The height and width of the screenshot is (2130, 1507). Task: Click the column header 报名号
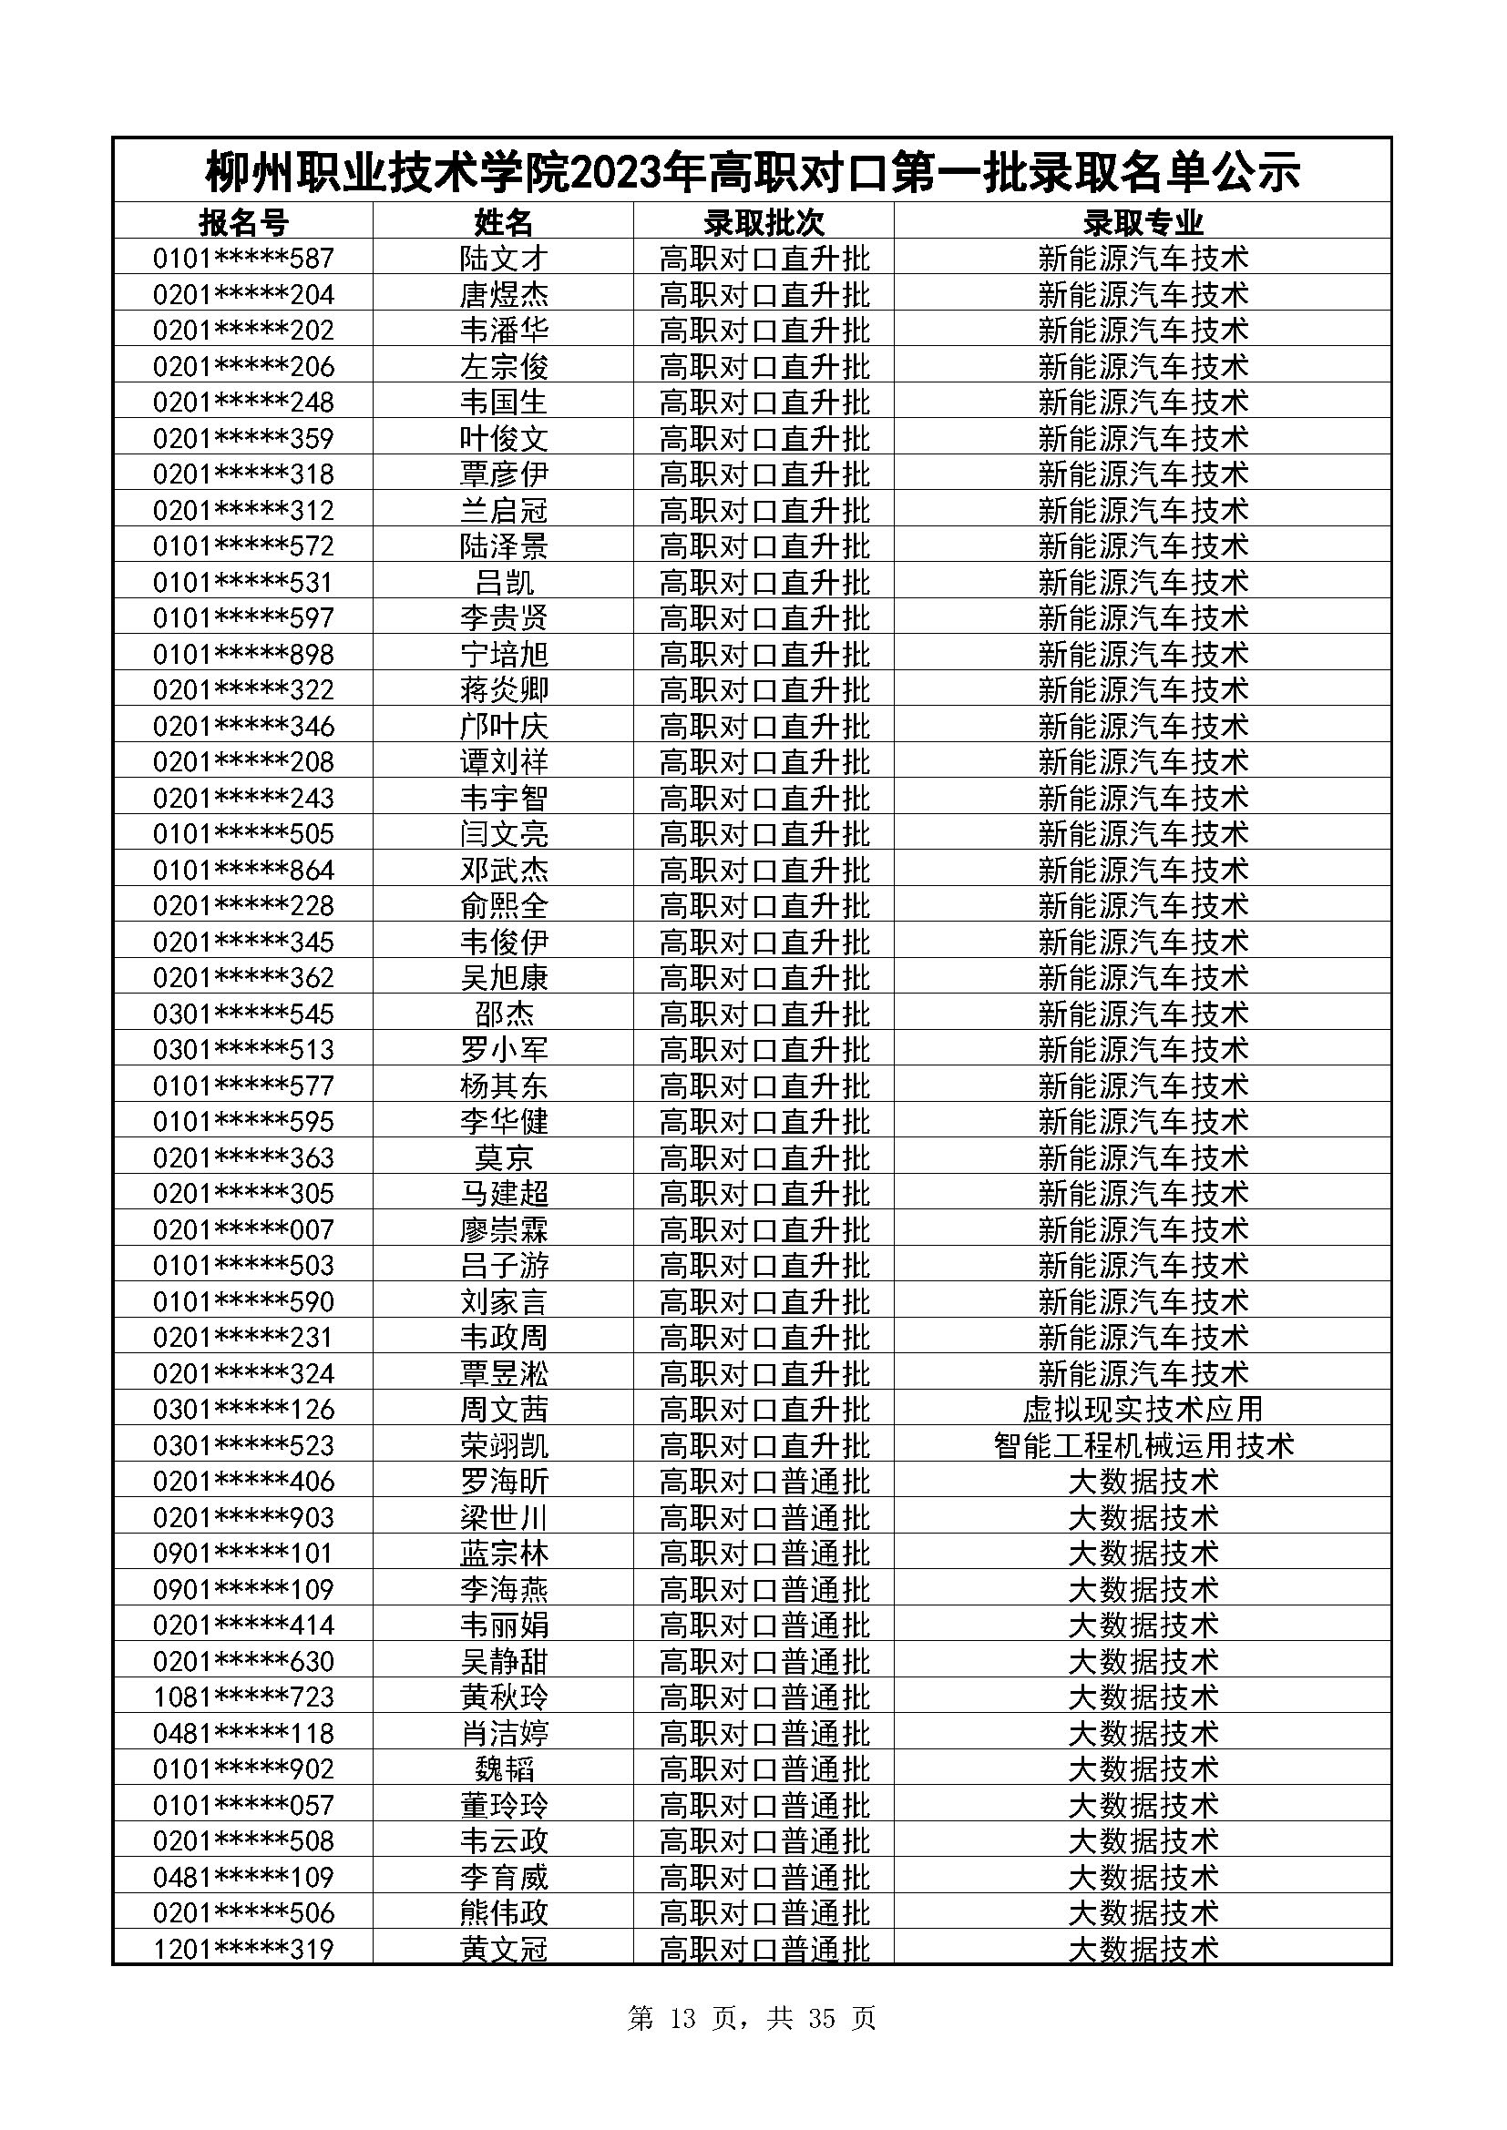pyautogui.click(x=243, y=222)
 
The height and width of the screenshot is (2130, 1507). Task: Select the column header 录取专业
pyautogui.click(x=1143, y=222)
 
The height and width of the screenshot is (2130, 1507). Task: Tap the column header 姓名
pyautogui.click(x=504, y=222)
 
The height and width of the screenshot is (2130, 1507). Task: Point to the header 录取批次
pyautogui.click(x=764, y=222)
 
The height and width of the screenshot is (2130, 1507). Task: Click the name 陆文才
pyautogui.click(x=504, y=258)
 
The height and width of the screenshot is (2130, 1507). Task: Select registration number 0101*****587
pyautogui.click(x=243, y=258)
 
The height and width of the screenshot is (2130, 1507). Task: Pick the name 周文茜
pyautogui.click(x=504, y=1409)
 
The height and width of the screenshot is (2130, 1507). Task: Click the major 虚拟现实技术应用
pyautogui.click(x=1143, y=1409)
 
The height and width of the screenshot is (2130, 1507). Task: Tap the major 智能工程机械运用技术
pyautogui.click(x=1143, y=1445)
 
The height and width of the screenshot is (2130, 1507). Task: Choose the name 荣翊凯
pyautogui.click(x=504, y=1445)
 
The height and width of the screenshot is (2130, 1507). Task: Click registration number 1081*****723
pyautogui.click(x=243, y=1697)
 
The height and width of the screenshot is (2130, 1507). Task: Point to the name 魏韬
pyautogui.click(x=504, y=1769)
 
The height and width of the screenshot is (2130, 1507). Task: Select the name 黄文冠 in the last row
pyautogui.click(x=504, y=1949)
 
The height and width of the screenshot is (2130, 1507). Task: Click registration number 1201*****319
pyautogui.click(x=243, y=1949)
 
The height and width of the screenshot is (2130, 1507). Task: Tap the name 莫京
pyautogui.click(x=504, y=1157)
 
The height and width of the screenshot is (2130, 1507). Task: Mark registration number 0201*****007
pyautogui.click(x=243, y=1230)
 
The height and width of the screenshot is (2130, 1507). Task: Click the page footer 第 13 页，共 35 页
pyautogui.click(x=752, y=2019)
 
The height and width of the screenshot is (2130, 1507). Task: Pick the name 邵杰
pyautogui.click(x=504, y=1014)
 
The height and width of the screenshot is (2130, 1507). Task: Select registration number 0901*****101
pyautogui.click(x=243, y=1553)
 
